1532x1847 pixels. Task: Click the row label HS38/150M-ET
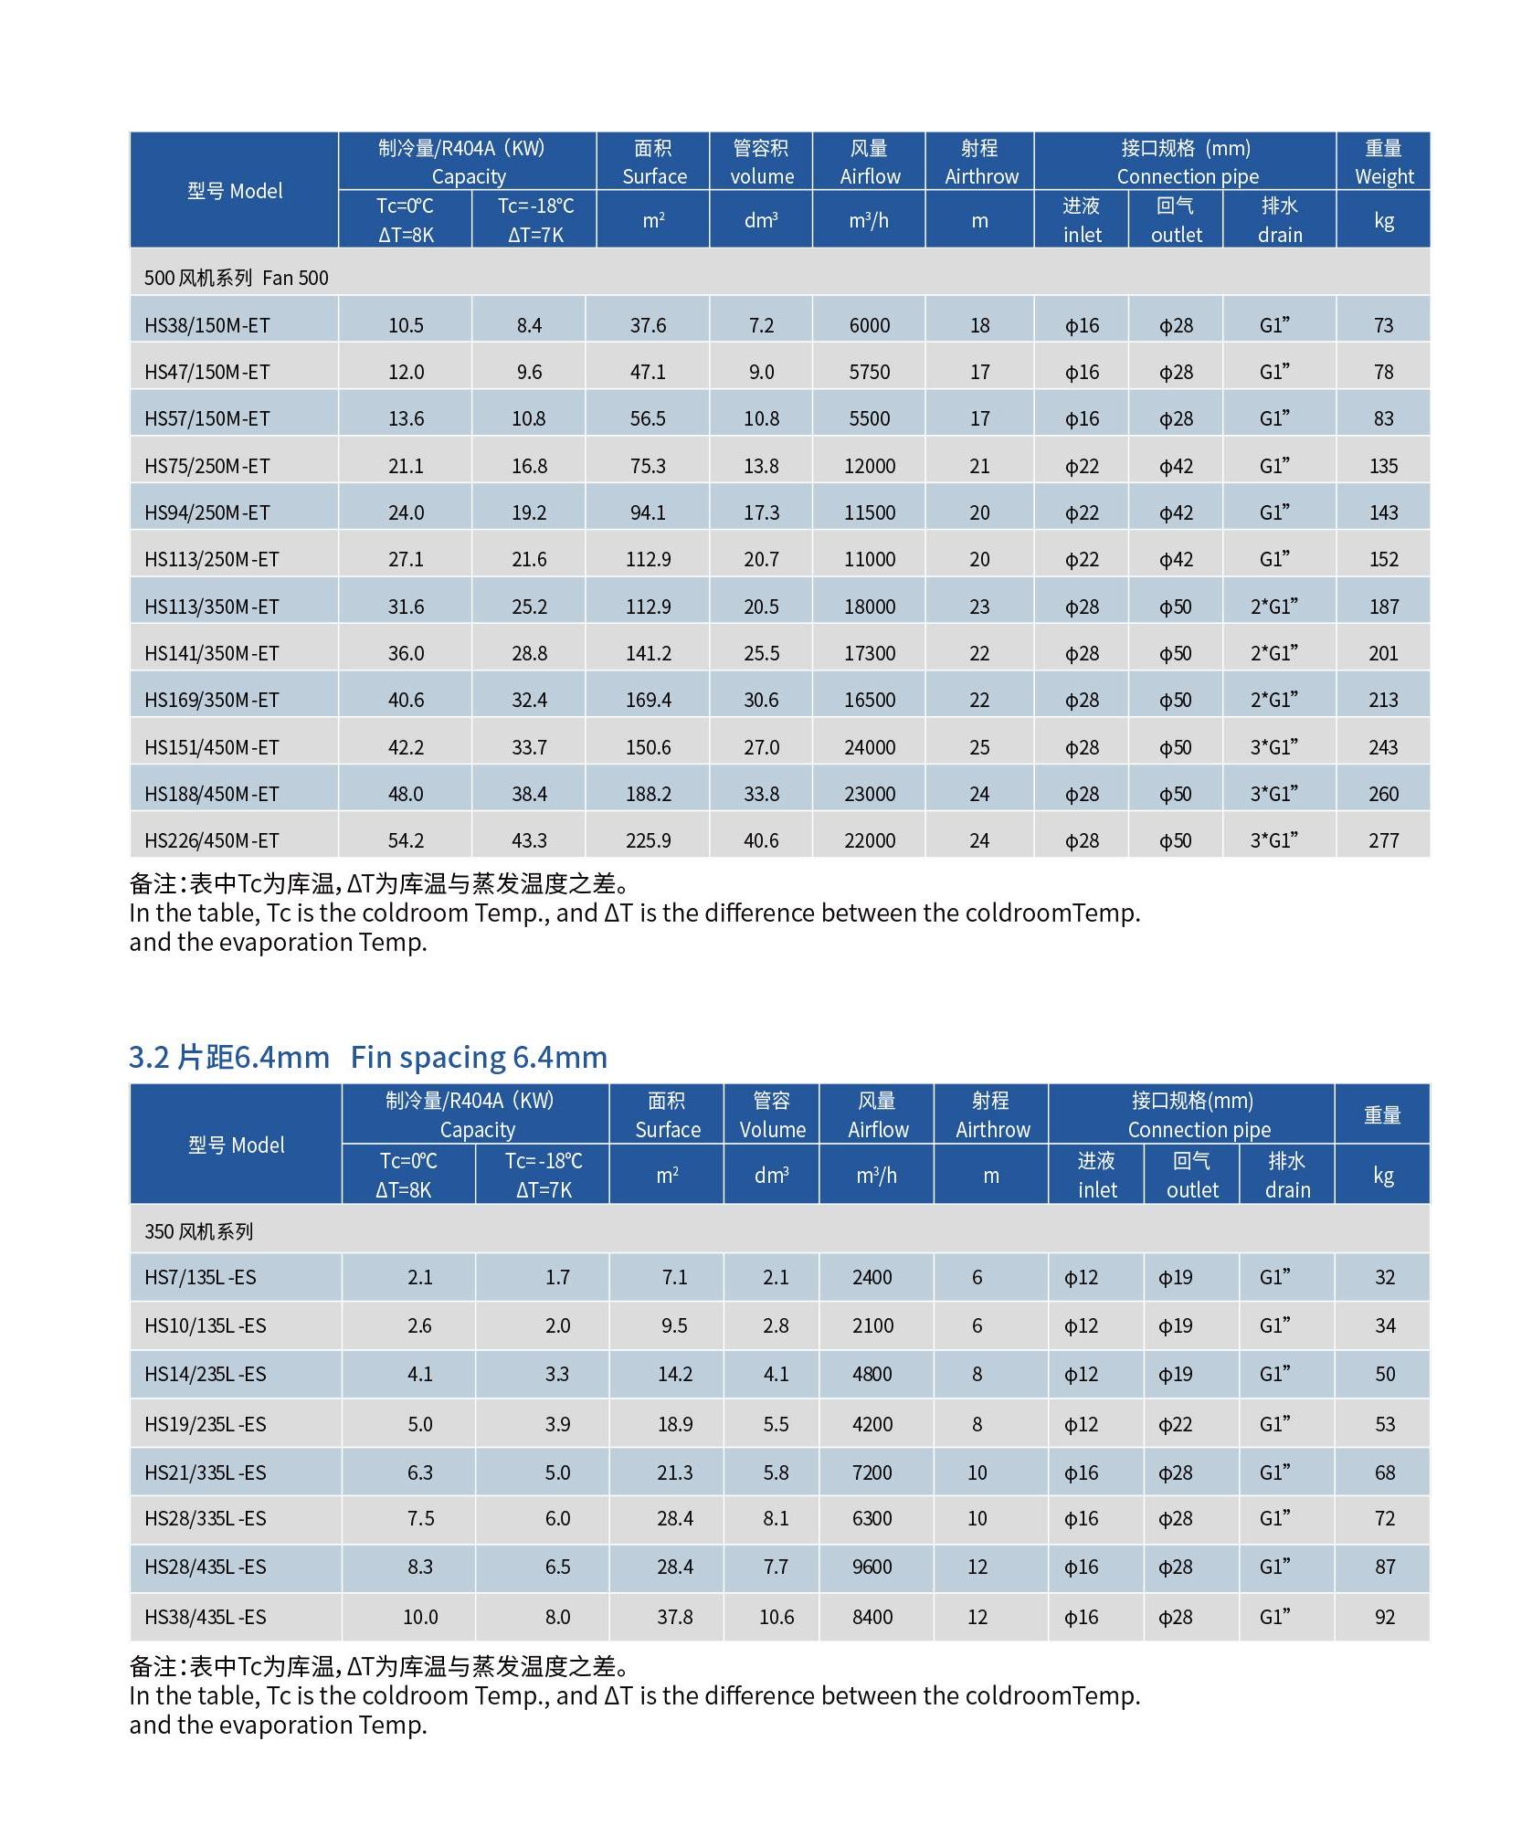pos(206,325)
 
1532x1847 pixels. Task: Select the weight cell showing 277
pos(1383,840)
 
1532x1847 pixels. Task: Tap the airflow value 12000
pos(870,466)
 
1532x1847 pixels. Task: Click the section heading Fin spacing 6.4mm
pos(479,1057)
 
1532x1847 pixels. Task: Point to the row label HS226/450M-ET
pos(211,840)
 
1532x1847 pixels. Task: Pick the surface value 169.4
pos(649,700)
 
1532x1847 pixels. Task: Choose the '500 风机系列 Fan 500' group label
pos(236,278)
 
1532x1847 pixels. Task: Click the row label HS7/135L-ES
pos(200,1277)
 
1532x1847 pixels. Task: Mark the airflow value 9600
pos(872,1567)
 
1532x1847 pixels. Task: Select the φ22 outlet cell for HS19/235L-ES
pos(1176,1424)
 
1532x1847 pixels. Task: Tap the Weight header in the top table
pos(1383,162)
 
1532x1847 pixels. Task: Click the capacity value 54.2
pos(406,840)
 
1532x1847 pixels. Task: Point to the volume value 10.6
pos(777,1617)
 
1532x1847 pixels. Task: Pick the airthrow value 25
pos(979,747)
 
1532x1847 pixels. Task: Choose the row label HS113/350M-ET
pos(211,607)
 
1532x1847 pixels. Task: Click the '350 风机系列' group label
pos(198,1231)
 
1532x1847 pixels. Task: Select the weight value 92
pos(1385,1617)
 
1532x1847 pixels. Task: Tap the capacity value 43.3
pos(529,840)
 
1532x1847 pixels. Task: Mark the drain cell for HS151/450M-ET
pos(1274,746)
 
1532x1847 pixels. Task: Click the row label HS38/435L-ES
pos(206,1617)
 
